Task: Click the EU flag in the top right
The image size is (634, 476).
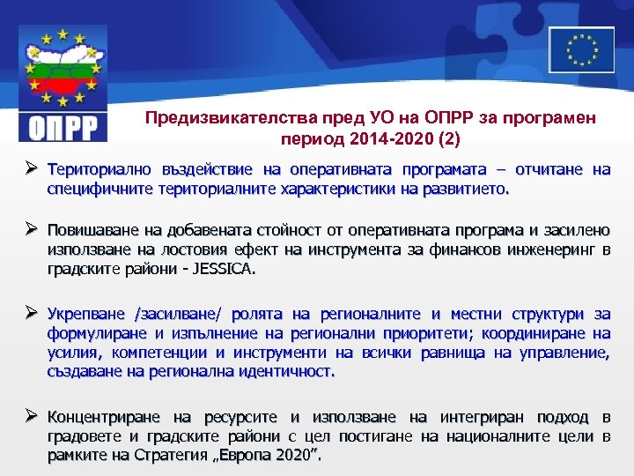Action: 581,48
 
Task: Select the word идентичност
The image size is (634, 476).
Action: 286,372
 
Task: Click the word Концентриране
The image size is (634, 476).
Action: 106,416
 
